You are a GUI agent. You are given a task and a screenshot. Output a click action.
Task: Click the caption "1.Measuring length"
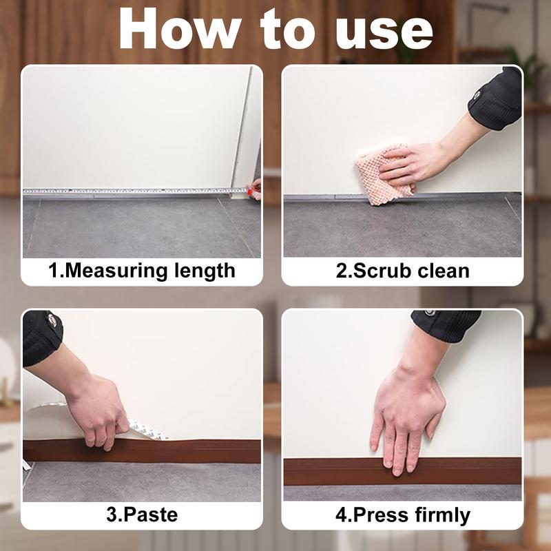click(142, 270)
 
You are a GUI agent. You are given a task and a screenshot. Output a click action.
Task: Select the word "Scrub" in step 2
click(376, 270)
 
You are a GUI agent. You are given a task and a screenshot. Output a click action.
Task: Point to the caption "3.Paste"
click(142, 514)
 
